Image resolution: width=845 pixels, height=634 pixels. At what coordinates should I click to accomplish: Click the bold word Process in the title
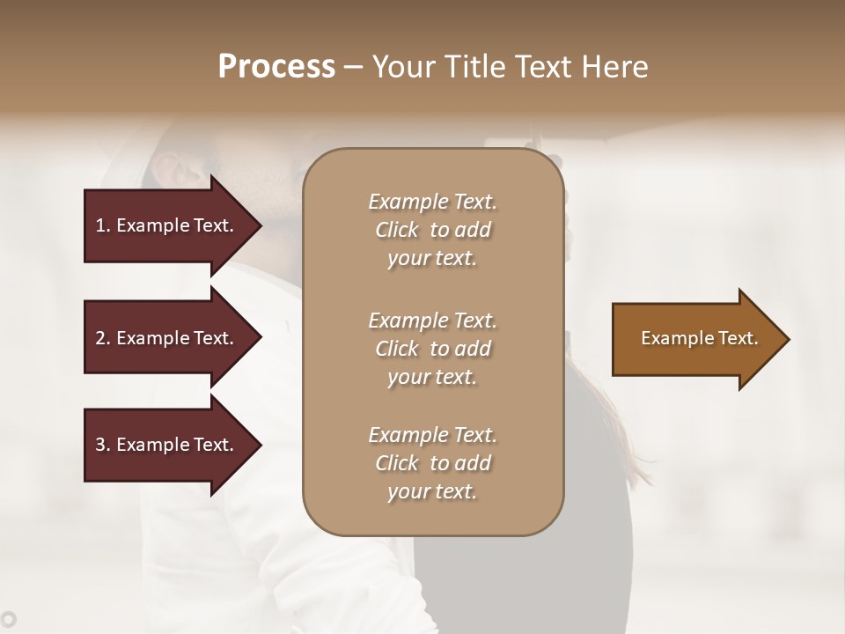point(276,67)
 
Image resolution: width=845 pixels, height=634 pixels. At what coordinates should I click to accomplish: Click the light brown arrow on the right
point(695,339)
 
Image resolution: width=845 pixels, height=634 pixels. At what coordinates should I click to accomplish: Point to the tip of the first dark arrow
point(260,225)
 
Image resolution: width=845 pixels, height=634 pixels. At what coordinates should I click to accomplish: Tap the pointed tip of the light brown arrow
point(788,339)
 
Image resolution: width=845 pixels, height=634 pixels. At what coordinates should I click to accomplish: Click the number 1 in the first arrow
point(100,225)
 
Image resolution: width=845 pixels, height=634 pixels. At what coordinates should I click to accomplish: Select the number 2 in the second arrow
point(100,338)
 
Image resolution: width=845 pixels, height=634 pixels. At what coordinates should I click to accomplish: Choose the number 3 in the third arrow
point(100,445)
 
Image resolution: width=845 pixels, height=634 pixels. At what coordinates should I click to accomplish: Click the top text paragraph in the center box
point(432,230)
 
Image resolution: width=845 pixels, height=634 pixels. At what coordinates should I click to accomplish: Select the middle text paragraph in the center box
point(432,349)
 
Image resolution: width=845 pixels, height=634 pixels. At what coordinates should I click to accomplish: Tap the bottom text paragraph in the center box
point(432,463)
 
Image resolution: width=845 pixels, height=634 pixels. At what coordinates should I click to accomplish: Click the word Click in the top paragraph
point(396,230)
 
